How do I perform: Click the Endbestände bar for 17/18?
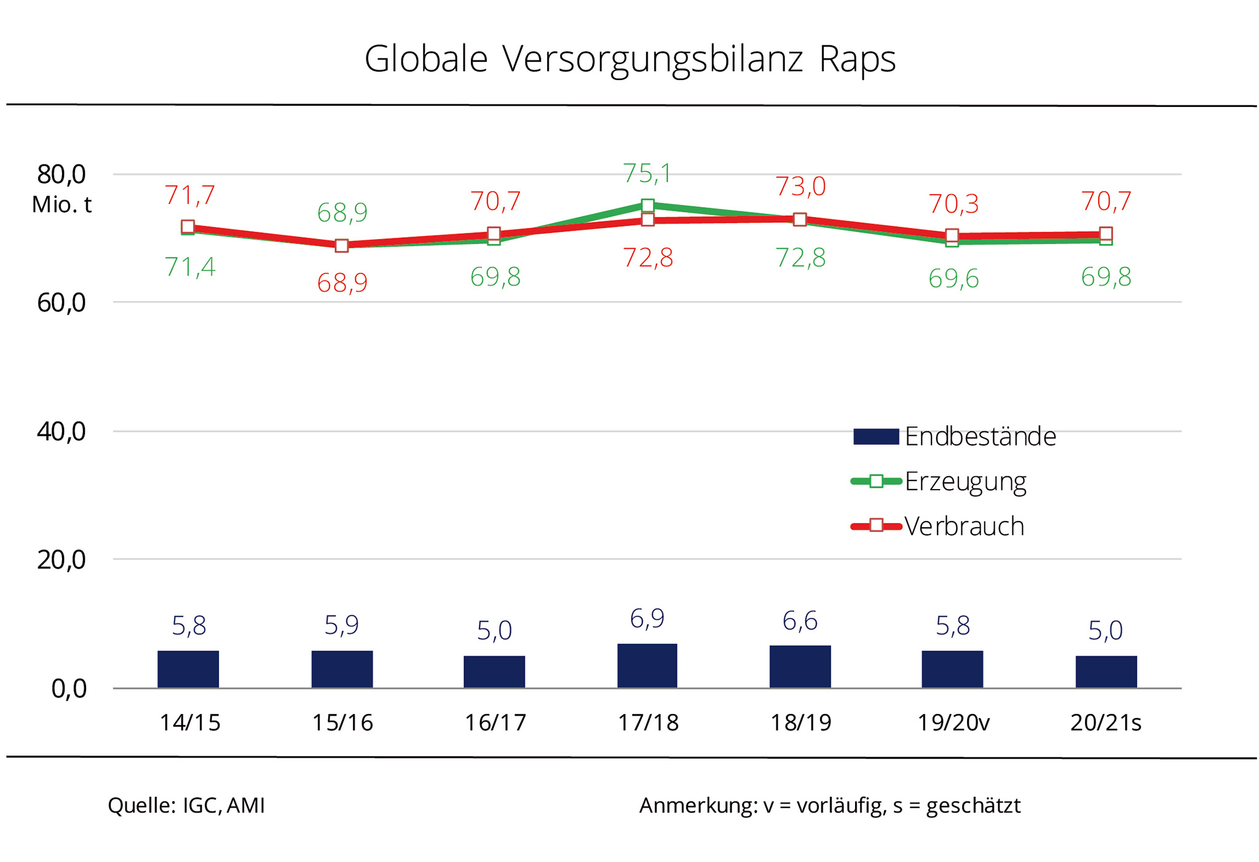[647, 665]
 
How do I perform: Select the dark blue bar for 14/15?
[188, 668]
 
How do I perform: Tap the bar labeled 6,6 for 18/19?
[800, 666]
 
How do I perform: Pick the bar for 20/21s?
[1106, 672]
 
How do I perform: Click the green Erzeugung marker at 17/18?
[647, 205]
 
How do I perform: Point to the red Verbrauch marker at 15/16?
[342, 246]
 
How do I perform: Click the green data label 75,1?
[647, 174]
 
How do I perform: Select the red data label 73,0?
[800, 187]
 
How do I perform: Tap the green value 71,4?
[190, 268]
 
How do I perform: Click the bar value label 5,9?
[342, 625]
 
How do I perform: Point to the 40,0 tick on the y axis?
[61, 431]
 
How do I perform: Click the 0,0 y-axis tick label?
[69, 689]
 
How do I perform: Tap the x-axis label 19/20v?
[953, 723]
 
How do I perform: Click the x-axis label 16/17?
[495, 723]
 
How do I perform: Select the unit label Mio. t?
[61, 205]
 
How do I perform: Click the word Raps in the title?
[857, 60]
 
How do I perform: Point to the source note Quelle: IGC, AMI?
[186, 805]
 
